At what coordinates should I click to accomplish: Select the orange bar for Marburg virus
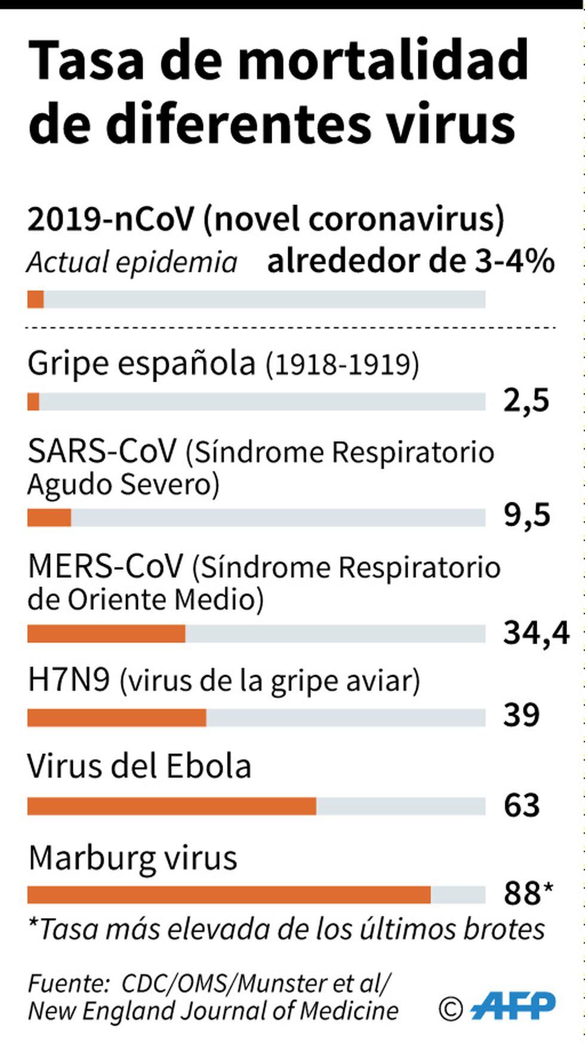(229, 895)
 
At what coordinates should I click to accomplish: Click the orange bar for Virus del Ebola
(172, 806)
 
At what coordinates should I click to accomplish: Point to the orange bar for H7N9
(117, 717)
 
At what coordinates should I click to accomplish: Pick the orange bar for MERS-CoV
(106, 634)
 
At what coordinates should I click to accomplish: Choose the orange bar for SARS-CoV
(49, 518)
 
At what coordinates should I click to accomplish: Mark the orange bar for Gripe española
(33, 401)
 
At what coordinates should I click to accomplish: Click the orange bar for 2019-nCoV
(35, 299)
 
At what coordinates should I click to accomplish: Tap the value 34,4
(536, 633)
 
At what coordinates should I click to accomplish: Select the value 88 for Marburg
(523, 894)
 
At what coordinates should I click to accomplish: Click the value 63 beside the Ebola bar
(522, 805)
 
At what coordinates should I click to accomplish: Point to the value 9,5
(526, 515)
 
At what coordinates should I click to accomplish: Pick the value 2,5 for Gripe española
(526, 400)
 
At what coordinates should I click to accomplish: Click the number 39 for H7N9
(521, 715)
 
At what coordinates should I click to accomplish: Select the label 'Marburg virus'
(133, 858)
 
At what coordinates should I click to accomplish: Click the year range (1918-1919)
(342, 364)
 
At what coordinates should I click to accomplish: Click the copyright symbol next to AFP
(451, 1008)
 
